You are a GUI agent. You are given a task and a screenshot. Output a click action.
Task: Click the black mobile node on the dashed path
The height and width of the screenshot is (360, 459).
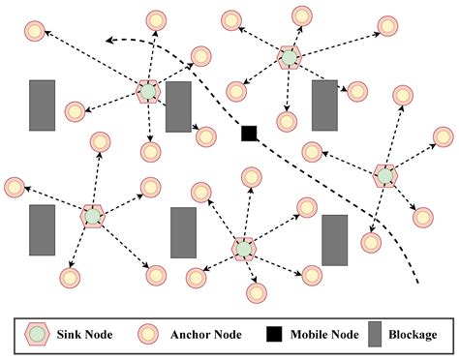pos(249,133)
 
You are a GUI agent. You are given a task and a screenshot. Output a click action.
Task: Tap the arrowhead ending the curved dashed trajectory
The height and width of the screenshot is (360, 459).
pos(108,41)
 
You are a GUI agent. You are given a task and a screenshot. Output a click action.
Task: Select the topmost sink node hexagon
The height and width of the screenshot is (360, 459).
pos(288,58)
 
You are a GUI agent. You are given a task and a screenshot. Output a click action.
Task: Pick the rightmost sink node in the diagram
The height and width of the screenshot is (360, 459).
pos(384,175)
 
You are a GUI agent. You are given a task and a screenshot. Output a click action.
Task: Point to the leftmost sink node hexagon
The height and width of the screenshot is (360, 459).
pos(92,216)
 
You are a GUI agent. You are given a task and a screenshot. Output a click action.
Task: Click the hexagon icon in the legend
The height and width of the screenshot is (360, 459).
pos(37,335)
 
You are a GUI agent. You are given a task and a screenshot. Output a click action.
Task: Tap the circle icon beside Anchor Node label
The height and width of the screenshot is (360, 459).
pos(147,335)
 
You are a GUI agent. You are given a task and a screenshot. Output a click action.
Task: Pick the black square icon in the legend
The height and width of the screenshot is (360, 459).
pos(275,335)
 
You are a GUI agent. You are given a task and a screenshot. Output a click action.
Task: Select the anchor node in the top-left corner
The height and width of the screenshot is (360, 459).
pos(35,32)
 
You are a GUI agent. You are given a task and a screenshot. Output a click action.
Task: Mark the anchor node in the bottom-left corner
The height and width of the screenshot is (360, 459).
pos(69,279)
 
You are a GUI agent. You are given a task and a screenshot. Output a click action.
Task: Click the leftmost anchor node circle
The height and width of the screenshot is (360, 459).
pos(15,187)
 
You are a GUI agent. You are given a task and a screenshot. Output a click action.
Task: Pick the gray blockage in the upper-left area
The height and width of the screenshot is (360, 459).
pos(42,105)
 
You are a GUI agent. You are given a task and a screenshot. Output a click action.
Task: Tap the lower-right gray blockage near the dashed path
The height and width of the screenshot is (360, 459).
pos(334,240)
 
